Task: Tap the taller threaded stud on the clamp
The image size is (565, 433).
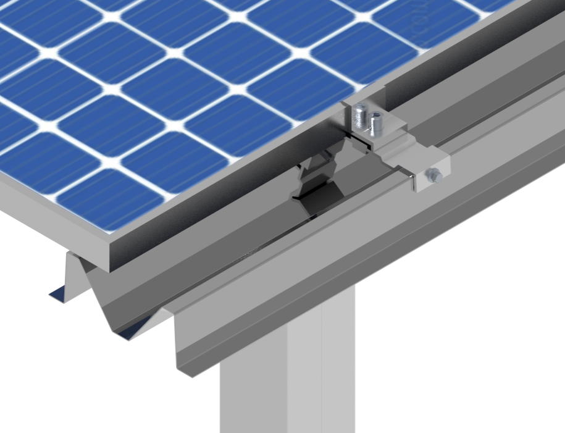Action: pos(360,116)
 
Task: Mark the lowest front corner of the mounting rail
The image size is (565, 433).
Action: pos(179,370)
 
